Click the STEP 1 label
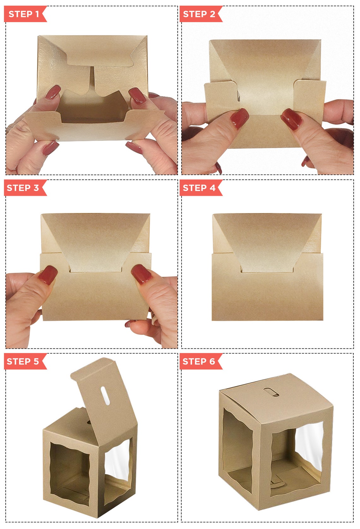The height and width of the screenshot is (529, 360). point(24,14)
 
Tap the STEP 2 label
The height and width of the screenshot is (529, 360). point(199,14)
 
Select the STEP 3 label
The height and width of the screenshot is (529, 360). point(23,188)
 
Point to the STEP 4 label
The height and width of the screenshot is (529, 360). point(199,188)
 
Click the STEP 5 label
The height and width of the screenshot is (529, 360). point(23,361)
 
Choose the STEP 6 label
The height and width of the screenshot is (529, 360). point(199,361)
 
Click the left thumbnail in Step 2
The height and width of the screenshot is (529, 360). point(239,118)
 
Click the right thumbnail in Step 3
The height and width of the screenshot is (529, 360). point(142,274)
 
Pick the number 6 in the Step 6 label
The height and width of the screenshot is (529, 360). point(212,361)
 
